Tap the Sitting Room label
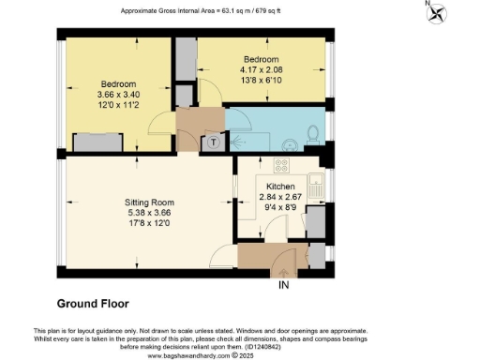pyautogui.click(x=151, y=202)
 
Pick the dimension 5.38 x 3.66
pyautogui.click(x=151, y=212)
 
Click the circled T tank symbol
pyautogui.click(x=215, y=142)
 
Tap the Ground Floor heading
pyautogui.click(x=93, y=304)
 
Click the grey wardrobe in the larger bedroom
pyautogui.click(x=97, y=142)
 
